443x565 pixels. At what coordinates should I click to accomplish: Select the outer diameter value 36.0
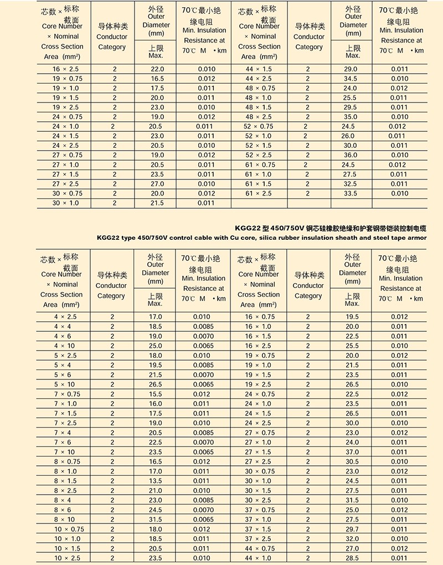(x=351, y=155)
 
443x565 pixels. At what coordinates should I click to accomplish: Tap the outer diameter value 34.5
(x=351, y=79)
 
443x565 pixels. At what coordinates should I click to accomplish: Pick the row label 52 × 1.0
(x=257, y=136)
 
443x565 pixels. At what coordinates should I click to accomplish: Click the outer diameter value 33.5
(x=351, y=193)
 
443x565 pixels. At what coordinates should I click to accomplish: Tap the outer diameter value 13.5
(x=156, y=481)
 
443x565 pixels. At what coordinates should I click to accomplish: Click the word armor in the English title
(x=418, y=238)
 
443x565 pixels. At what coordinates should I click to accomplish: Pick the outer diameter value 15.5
(x=156, y=394)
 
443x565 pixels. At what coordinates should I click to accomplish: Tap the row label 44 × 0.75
(x=260, y=548)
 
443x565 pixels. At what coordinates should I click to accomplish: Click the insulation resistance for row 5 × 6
(x=202, y=375)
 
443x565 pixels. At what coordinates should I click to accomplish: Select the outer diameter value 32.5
(x=351, y=184)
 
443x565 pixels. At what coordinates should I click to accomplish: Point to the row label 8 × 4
(x=63, y=500)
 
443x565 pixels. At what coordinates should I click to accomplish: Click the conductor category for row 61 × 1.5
(x=307, y=184)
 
